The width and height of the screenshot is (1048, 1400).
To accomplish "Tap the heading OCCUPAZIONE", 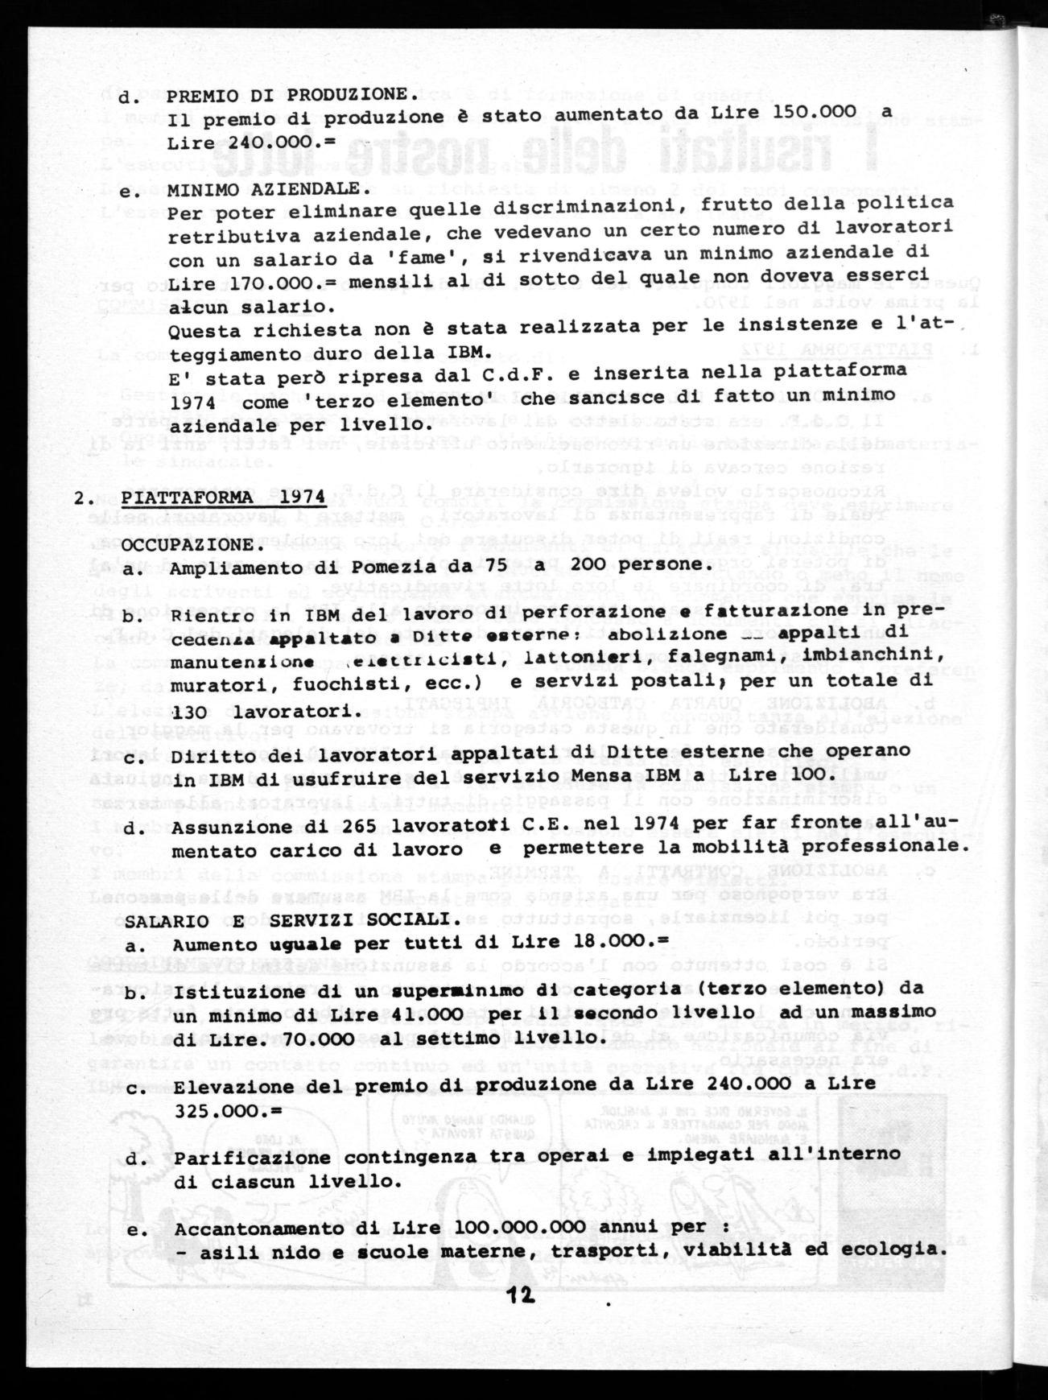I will coord(192,544).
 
